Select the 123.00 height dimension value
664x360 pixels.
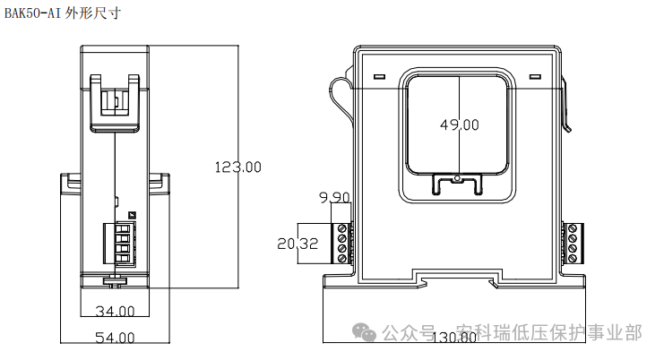point(238,167)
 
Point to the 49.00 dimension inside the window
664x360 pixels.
point(459,125)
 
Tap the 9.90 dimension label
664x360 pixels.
point(333,197)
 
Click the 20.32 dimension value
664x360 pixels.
point(298,244)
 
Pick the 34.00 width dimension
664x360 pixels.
point(114,312)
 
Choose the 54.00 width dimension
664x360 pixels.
point(114,338)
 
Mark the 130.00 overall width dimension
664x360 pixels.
point(455,339)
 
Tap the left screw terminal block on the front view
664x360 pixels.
point(341,243)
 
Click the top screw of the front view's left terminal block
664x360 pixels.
point(341,229)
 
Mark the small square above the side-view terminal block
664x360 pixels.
point(131,214)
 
